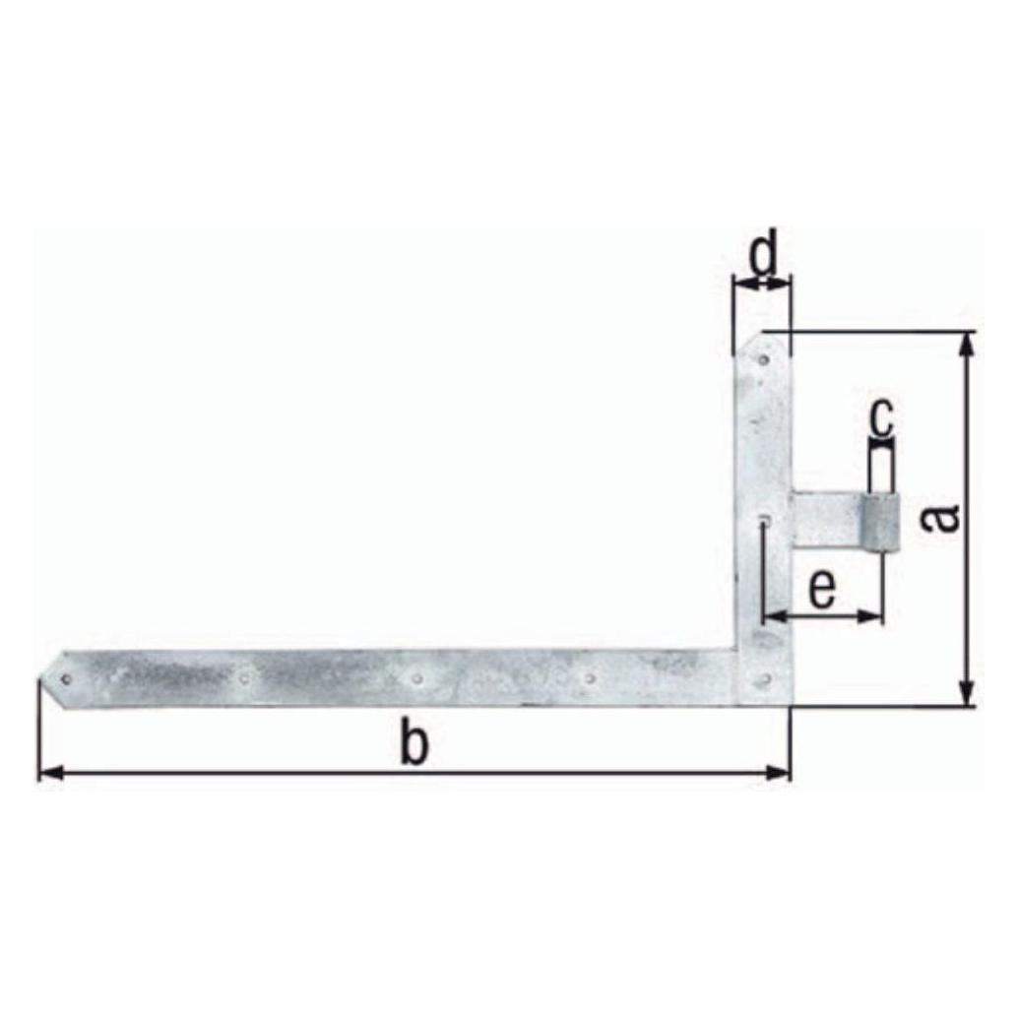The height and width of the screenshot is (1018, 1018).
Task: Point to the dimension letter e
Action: pyautogui.click(x=822, y=589)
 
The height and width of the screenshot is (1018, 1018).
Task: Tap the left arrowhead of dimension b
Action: pyautogui.click(x=50, y=773)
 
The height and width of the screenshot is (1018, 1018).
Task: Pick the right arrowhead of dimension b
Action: pyautogui.click(x=779, y=773)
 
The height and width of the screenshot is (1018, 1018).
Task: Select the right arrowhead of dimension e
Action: pyautogui.click(x=871, y=616)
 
